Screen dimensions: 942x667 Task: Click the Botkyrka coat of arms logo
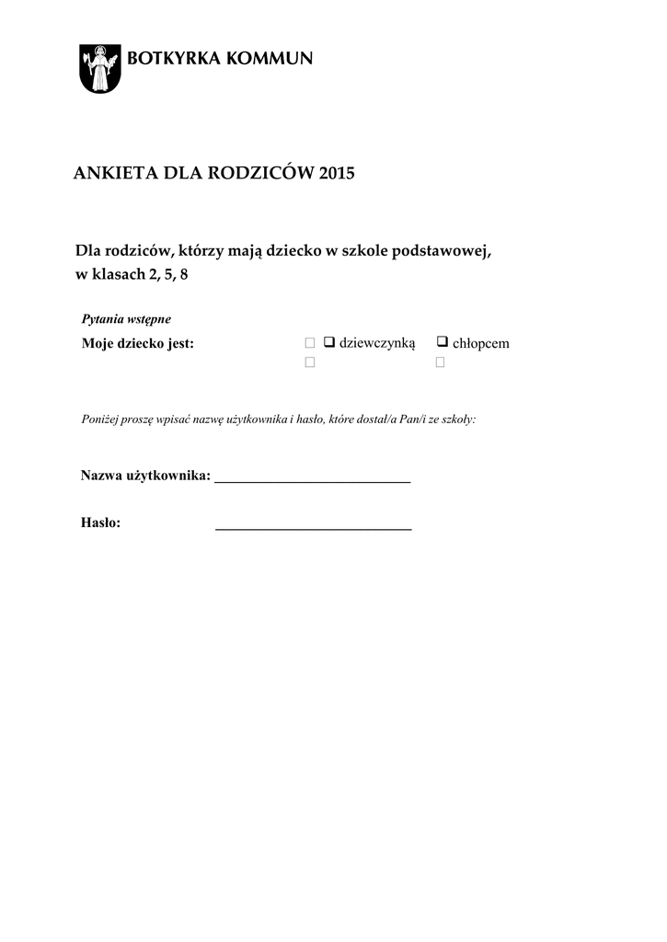click(x=98, y=67)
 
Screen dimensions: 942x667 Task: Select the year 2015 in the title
click(x=336, y=174)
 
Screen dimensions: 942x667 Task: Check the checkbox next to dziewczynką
click(x=328, y=342)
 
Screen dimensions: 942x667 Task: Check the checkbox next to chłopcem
click(x=442, y=342)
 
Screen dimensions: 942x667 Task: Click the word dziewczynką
click(x=377, y=343)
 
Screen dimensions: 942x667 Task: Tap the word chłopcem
click(x=480, y=343)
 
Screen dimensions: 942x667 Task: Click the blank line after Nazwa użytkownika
click(x=312, y=478)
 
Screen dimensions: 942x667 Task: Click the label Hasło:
click(x=101, y=523)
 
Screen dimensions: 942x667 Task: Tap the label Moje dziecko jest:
click(x=137, y=344)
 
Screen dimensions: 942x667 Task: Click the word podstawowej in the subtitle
click(x=450, y=251)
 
